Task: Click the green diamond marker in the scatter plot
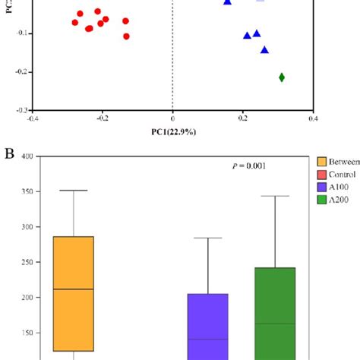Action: point(282,77)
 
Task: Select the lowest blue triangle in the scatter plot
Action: point(265,50)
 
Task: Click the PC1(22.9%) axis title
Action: point(172,132)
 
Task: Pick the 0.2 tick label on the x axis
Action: point(243,118)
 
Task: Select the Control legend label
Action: point(341,174)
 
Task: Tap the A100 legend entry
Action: point(337,187)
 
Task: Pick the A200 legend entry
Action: point(337,200)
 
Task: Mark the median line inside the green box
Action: point(274,324)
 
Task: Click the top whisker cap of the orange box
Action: point(73,190)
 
